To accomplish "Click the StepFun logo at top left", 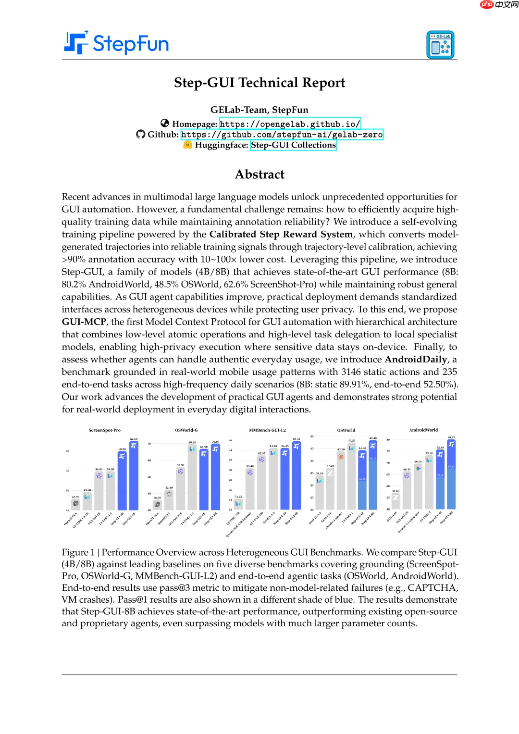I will [x=117, y=43].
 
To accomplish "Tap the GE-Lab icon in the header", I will [x=440, y=45].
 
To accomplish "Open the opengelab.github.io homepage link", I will [x=290, y=124].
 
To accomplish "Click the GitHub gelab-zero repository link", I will [x=282, y=135].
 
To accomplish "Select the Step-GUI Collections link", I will [x=293, y=145].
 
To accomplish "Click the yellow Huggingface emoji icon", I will [x=188, y=145].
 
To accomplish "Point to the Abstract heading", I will [x=259, y=174].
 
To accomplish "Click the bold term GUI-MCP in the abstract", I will [x=84, y=322].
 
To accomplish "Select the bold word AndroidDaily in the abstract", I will [x=416, y=360].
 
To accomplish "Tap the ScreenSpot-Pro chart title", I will [x=104, y=430].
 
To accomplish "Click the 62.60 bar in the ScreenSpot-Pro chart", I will [x=134, y=476].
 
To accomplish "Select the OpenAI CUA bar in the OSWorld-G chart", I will [x=157, y=505].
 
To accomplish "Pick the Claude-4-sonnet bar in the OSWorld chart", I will [x=341, y=481].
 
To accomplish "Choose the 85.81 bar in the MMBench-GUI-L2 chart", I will [x=297, y=476].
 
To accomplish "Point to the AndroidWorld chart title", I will [x=423, y=430].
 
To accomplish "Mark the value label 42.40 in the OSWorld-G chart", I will [x=169, y=488].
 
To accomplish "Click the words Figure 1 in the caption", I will [x=78, y=552].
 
